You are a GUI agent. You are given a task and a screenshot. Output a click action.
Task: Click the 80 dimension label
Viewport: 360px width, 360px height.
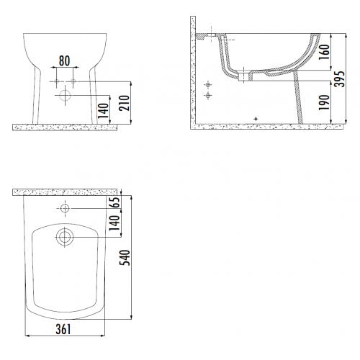pos(64,60)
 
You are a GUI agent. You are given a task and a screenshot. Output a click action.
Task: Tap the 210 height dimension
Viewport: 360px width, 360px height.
pos(125,103)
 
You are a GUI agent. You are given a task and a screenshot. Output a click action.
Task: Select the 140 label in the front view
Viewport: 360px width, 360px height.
pos(104,111)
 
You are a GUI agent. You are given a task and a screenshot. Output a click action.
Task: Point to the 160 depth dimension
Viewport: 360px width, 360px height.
pos(325,52)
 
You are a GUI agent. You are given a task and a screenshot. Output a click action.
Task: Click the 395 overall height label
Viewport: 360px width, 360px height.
pos(340,79)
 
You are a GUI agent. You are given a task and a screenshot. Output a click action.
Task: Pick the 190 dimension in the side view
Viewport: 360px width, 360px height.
pos(323,102)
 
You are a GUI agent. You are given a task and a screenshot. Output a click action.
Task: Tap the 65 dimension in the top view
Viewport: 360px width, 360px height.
pos(115,202)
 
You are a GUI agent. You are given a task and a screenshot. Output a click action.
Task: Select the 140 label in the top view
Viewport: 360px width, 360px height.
pos(114,223)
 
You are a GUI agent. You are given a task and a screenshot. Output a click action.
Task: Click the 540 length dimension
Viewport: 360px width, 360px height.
pos(125,258)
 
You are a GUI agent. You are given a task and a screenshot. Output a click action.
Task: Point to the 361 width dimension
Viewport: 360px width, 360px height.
pos(63,329)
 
